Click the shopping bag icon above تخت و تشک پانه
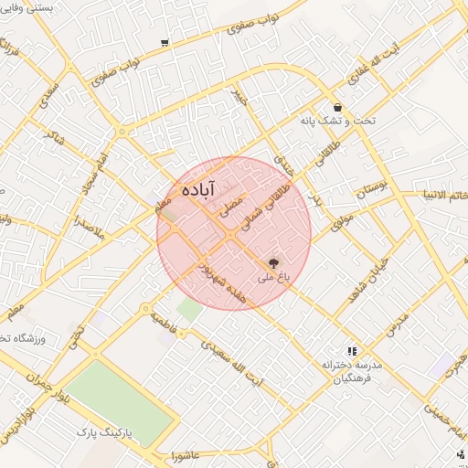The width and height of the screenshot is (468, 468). coord(338,106)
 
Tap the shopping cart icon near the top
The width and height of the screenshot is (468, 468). coord(165,42)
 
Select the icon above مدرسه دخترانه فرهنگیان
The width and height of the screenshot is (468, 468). coord(351,351)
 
